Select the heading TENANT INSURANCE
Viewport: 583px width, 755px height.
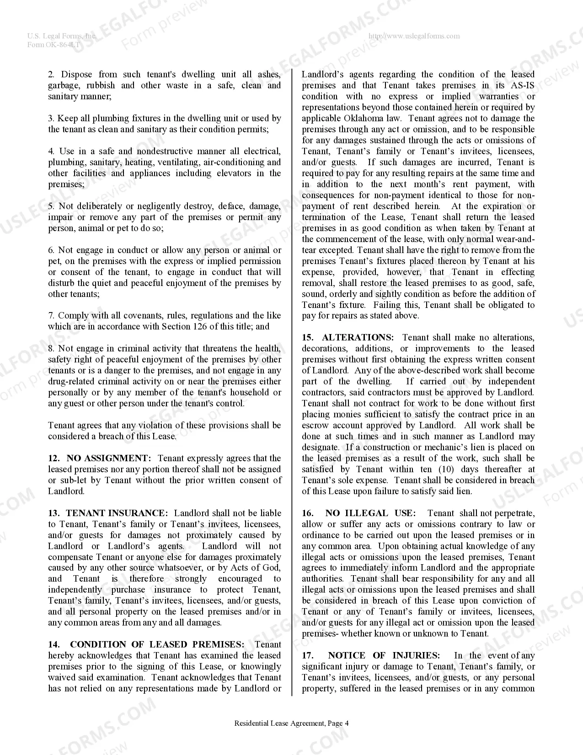tap(117, 513)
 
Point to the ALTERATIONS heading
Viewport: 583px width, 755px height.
tap(357, 337)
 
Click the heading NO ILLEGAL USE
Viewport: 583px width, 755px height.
tap(372, 513)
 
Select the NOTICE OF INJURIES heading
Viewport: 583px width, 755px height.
tap(384, 655)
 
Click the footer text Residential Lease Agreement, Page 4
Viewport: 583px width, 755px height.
tap(291, 723)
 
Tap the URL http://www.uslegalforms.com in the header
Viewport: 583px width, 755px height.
tap(414, 36)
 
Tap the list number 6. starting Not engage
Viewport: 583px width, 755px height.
tap(52, 250)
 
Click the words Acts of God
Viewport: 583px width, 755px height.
tap(255, 568)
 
